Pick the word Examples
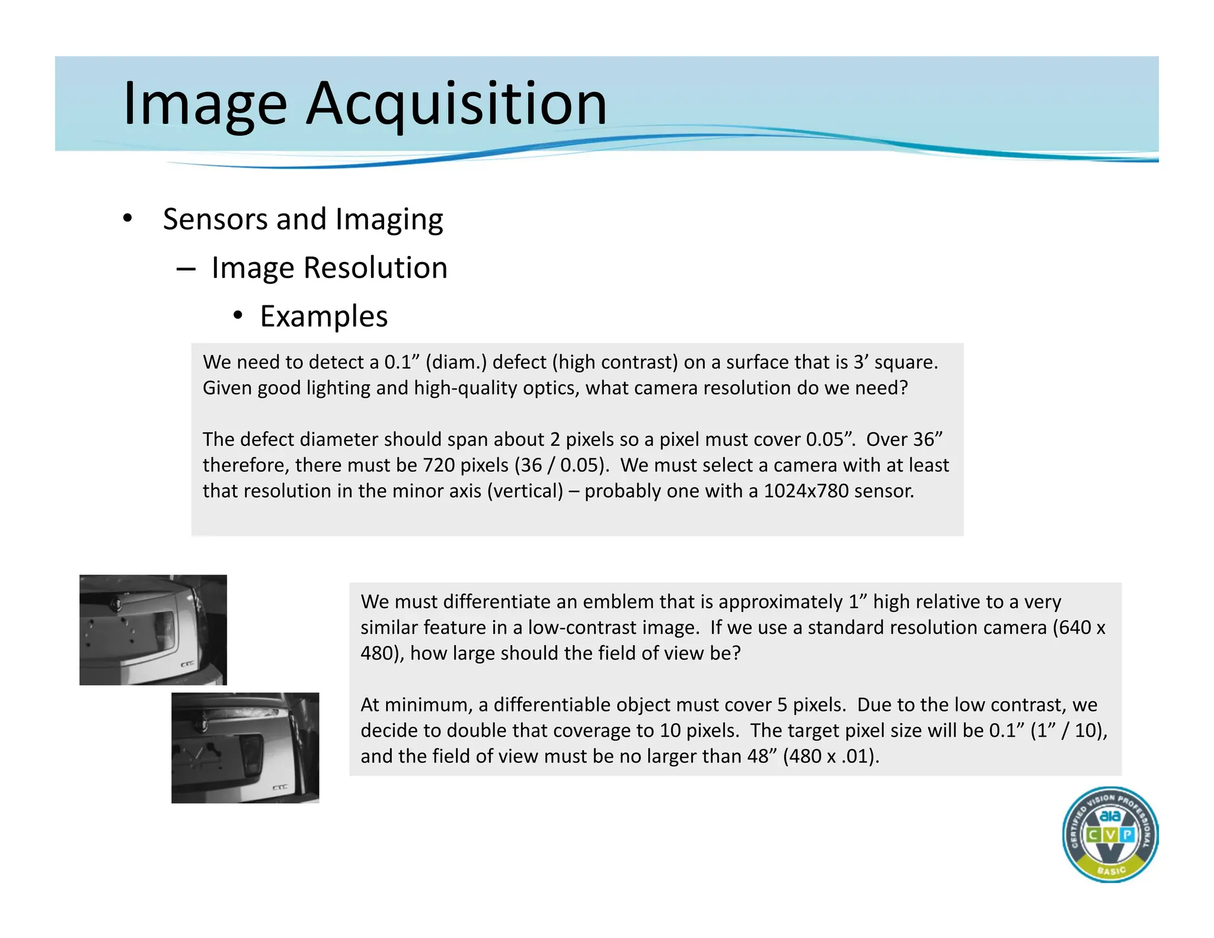tap(324, 316)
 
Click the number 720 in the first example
tap(438, 465)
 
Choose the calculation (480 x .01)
tap(830, 757)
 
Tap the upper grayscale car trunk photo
tap(153, 630)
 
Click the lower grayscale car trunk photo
tap(245, 748)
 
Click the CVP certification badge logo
tap(1110, 834)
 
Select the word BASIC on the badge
tap(1111, 870)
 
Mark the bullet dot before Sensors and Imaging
tap(127, 218)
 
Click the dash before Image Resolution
tap(186, 269)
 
